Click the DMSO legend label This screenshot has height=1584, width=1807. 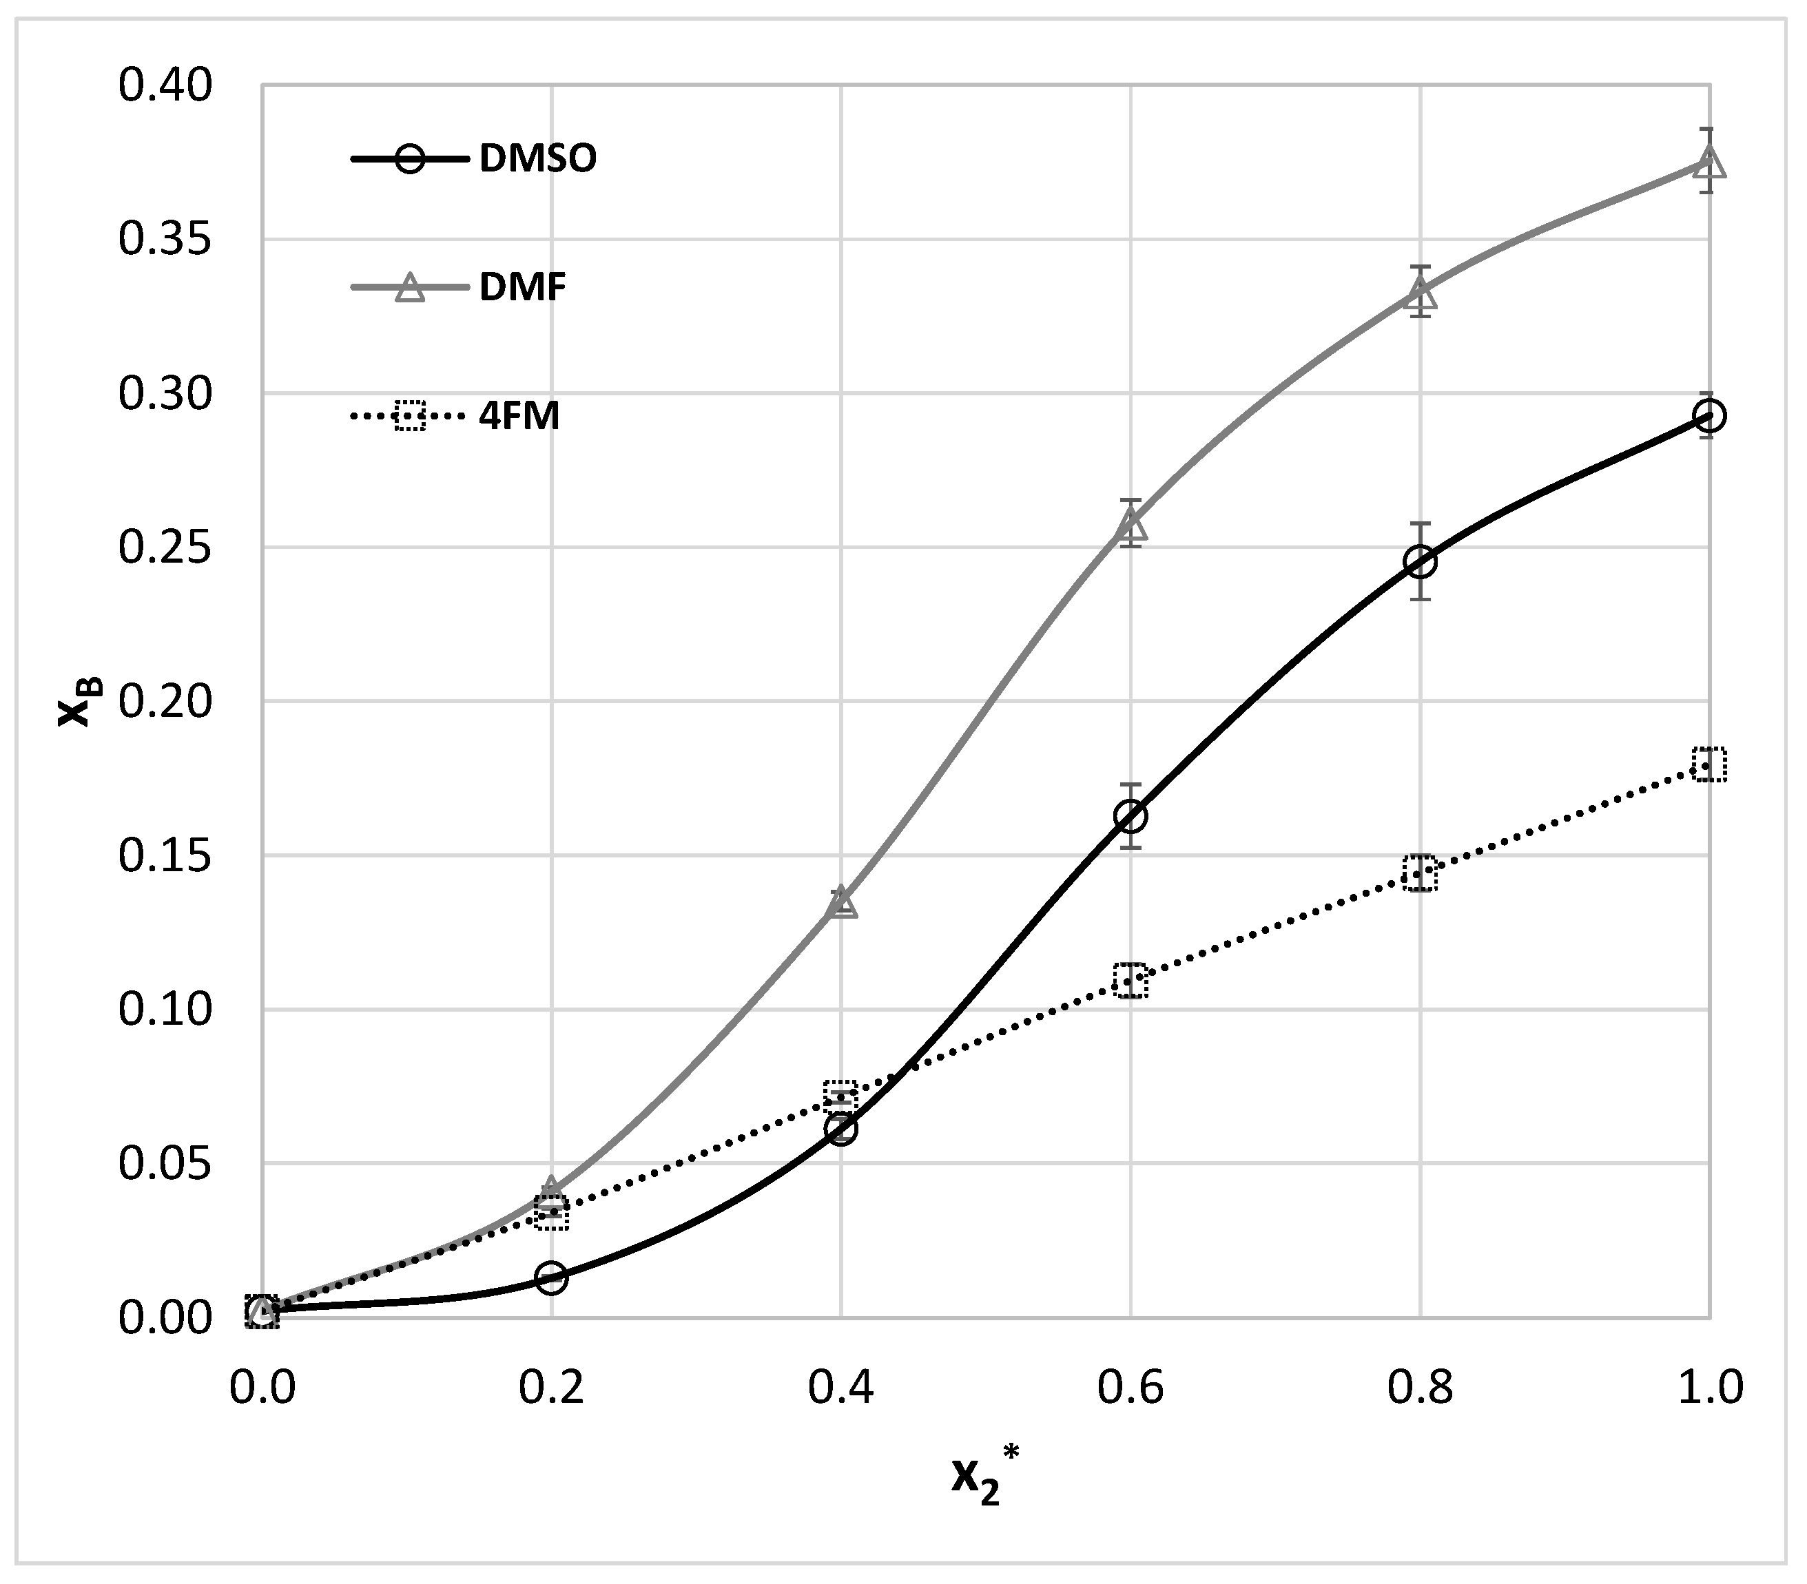tap(537, 159)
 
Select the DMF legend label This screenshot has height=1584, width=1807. tap(522, 287)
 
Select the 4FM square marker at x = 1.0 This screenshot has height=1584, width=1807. tap(1710, 764)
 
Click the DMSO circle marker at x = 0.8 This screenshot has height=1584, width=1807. tap(1420, 561)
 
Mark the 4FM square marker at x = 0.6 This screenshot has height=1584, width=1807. tap(1130, 980)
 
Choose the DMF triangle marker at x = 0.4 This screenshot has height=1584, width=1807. tap(840, 902)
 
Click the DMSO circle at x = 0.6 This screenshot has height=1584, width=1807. tap(1130, 816)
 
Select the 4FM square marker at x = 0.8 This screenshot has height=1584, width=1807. tap(1420, 873)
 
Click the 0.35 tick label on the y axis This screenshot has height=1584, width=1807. tap(165, 240)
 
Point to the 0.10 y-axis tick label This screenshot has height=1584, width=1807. tap(165, 1010)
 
